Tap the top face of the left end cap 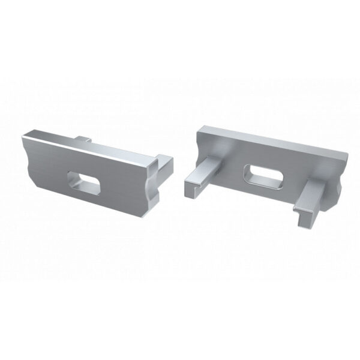tap(60, 137)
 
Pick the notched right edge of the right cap tap(344, 180)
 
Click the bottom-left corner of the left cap tap(42, 188)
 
